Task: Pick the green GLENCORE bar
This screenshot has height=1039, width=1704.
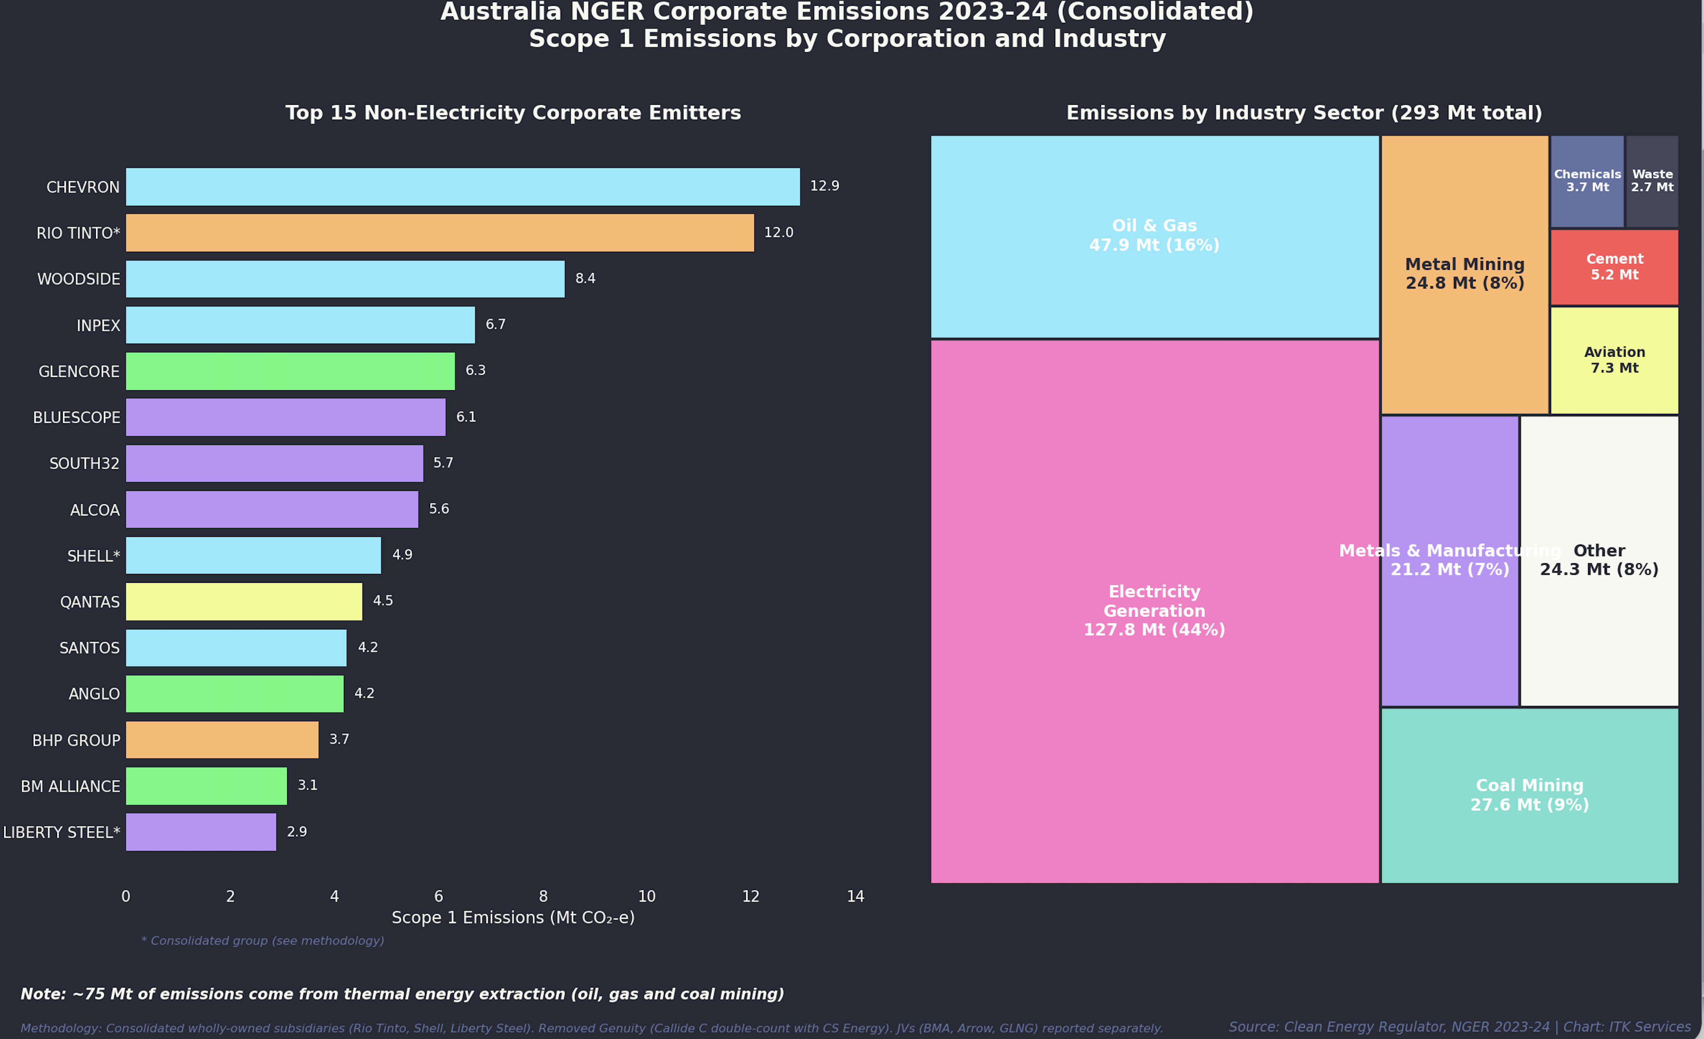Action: (x=290, y=371)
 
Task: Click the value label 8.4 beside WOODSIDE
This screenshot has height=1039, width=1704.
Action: (x=585, y=279)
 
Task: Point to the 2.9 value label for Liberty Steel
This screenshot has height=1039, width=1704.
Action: (x=296, y=832)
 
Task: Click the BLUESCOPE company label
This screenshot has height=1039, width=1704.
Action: (x=77, y=418)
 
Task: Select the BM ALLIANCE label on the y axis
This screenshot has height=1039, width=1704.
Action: (x=70, y=787)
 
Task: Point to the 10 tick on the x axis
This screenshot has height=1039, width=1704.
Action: (x=646, y=896)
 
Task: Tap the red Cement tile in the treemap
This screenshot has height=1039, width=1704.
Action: (x=1614, y=267)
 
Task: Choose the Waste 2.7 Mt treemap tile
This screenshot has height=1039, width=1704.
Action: (x=1652, y=181)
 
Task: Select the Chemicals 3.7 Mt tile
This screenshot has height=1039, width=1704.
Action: (x=1587, y=181)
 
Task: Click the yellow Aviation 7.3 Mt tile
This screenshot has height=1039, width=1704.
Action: (x=1614, y=360)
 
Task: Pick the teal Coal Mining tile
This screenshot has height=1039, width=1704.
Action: (x=1529, y=796)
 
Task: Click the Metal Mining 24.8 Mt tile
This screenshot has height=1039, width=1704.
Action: (x=1465, y=275)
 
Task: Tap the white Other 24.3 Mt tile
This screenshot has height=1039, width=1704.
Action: (x=1599, y=561)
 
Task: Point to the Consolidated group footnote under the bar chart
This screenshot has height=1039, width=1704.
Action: (x=263, y=941)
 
